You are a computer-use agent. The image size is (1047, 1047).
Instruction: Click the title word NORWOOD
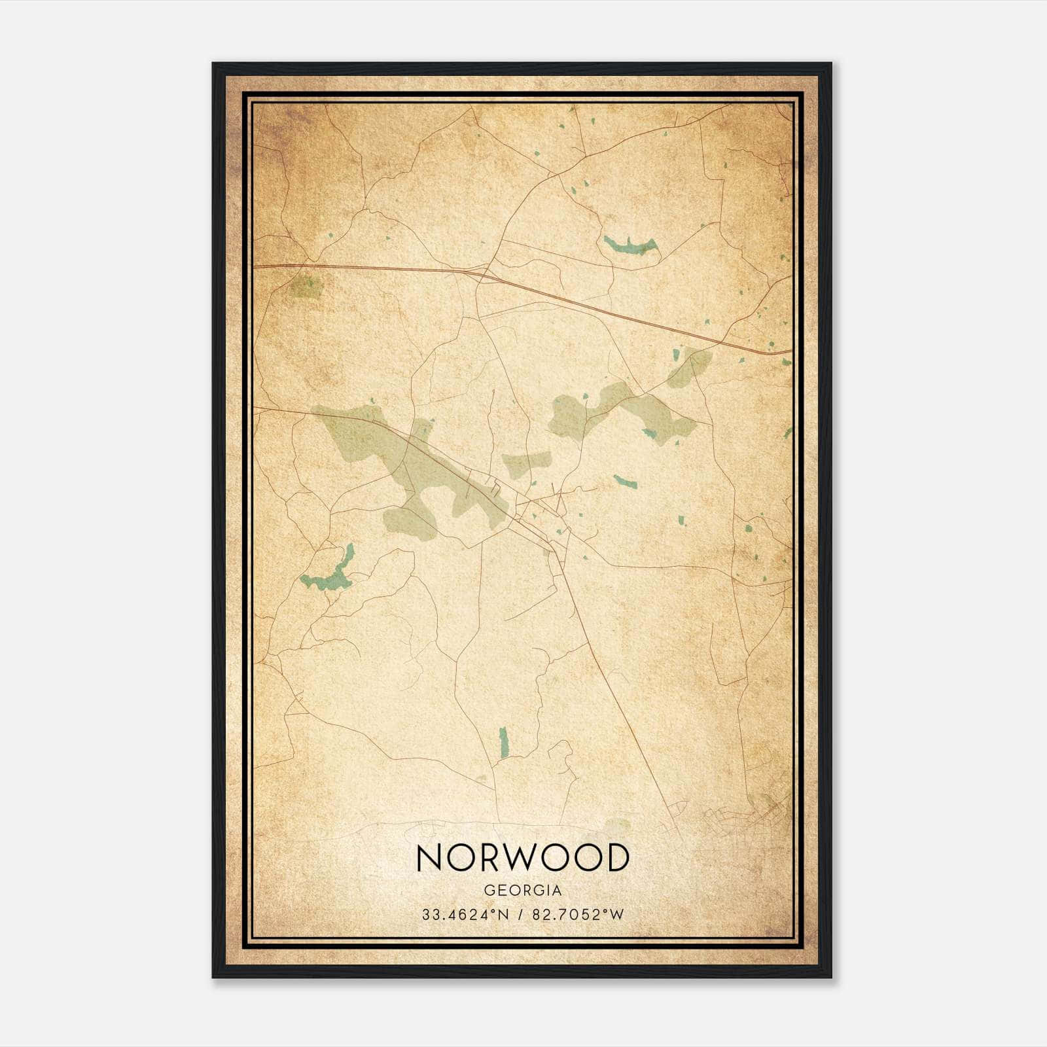click(x=522, y=858)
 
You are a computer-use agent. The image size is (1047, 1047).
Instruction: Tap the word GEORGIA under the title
click(x=522, y=891)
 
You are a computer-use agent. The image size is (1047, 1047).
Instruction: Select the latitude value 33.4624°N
click(x=464, y=915)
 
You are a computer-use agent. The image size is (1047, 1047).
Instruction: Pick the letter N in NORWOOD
click(x=431, y=858)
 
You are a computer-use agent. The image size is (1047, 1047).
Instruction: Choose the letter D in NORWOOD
click(x=615, y=858)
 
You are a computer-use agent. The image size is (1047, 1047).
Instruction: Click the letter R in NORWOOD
click(x=491, y=858)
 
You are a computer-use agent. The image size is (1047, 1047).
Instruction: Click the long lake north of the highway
click(x=630, y=246)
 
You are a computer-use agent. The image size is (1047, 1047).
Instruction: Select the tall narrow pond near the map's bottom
click(x=503, y=743)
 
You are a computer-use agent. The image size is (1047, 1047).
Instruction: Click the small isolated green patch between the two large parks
click(x=525, y=461)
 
